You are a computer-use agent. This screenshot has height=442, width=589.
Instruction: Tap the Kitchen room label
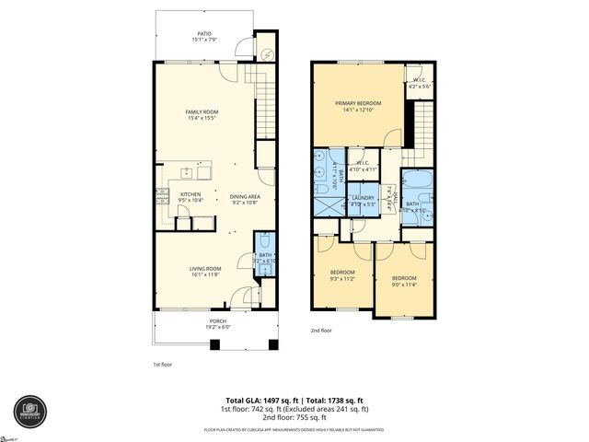(191, 196)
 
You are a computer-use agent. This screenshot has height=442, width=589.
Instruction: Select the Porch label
(216, 323)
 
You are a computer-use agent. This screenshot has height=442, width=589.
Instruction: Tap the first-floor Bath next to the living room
(265, 257)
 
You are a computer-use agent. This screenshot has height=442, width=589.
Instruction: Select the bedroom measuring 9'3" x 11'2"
(343, 276)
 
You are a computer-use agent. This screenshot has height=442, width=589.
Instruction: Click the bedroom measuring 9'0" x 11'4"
(403, 281)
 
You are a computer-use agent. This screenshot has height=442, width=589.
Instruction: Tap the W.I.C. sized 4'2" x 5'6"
(418, 82)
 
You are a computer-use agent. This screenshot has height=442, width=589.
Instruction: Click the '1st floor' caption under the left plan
(164, 365)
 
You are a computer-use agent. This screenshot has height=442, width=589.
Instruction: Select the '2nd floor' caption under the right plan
(322, 329)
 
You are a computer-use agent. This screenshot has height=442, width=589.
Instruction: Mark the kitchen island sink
(187, 171)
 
